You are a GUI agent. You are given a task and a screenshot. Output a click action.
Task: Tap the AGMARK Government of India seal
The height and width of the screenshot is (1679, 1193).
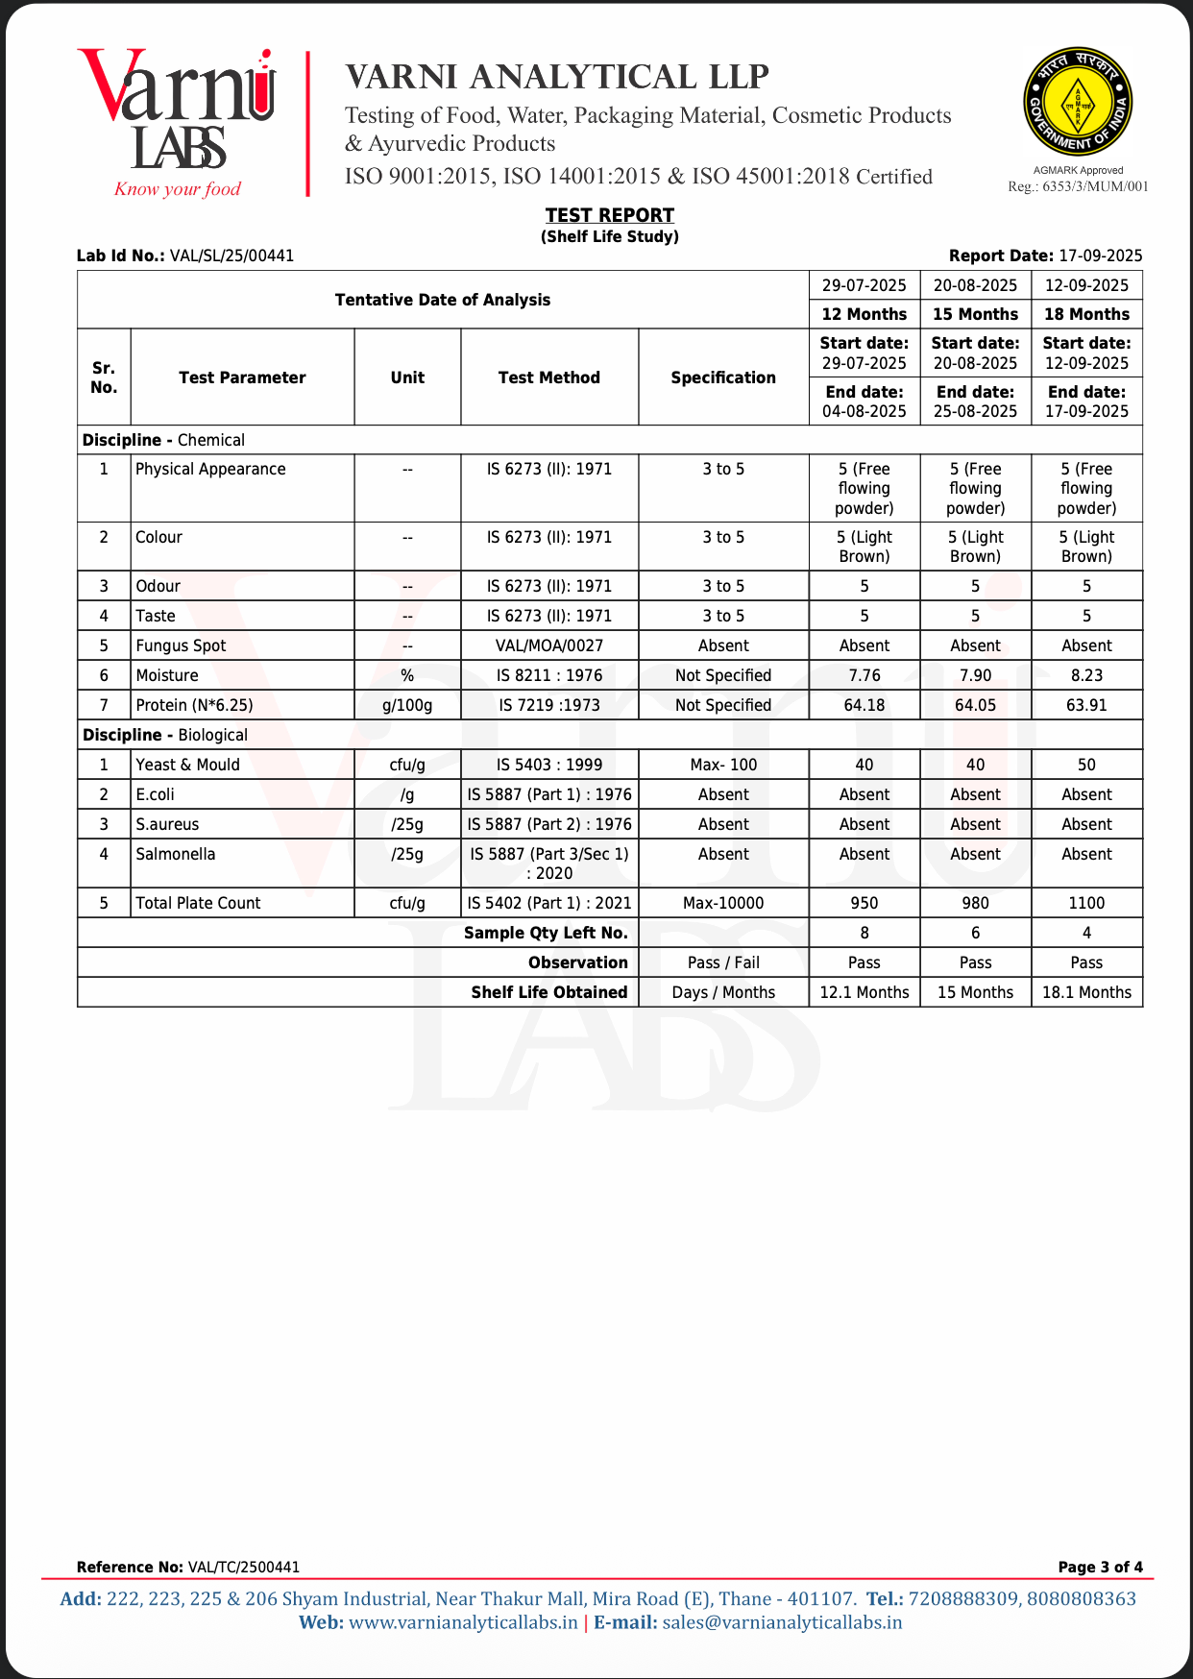click(x=1078, y=102)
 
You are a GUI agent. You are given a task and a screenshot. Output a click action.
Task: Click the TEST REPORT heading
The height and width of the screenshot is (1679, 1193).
click(x=610, y=215)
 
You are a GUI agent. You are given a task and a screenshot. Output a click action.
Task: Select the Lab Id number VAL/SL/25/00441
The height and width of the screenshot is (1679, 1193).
click(x=231, y=255)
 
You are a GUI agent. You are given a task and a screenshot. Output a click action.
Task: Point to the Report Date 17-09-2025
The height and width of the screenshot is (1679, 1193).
click(x=1100, y=255)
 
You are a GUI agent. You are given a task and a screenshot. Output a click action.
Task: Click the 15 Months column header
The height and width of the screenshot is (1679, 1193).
click(x=975, y=314)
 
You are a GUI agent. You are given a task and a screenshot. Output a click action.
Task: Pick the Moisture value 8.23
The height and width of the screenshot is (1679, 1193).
click(x=1086, y=675)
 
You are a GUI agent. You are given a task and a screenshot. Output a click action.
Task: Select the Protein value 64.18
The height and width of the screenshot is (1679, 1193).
click(x=864, y=705)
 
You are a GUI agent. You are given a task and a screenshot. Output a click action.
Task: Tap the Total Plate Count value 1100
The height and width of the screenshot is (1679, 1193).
click(x=1086, y=903)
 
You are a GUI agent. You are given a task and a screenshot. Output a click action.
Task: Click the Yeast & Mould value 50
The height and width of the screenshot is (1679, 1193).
click(x=1086, y=765)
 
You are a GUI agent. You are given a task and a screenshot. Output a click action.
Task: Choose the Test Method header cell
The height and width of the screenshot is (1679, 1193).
click(x=548, y=377)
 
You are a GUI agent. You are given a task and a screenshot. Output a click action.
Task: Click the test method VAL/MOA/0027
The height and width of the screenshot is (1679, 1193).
click(x=548, y=645)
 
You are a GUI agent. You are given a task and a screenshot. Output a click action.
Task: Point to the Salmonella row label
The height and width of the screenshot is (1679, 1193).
click(x=176, y=854)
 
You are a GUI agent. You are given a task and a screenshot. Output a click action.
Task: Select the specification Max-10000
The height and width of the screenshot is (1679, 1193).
click(x=723, y=903)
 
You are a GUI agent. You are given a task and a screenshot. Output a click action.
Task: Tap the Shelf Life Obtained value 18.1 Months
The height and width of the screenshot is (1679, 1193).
click(x=1086, y=992)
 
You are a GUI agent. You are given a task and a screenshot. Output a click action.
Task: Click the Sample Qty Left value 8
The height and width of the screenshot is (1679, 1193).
click(x=864, y=933)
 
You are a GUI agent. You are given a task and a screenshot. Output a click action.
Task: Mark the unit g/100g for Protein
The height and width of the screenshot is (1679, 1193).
click(x=407, y=705)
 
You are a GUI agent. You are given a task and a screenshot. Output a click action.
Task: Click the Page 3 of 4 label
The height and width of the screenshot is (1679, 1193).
click(x=1100, y=1567)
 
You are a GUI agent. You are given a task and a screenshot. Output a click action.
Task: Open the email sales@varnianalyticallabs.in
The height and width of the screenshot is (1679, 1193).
click(x=782, y=1622)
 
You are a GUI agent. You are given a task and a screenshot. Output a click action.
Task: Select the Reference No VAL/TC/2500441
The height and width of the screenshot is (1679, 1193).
click(x=244, y=1567)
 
